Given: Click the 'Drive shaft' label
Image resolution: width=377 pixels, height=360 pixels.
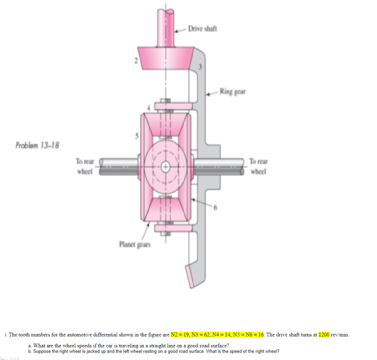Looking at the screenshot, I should click(x=202, y=29).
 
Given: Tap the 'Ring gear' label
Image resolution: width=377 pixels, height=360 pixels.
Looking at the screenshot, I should click(x=233, y=92).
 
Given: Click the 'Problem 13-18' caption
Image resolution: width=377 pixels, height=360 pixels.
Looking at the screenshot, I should click(x=37, y=145).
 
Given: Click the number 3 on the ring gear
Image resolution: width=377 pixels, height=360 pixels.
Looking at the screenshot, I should click(x=201, y=67).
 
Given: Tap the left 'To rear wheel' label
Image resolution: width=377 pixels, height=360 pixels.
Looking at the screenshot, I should click(x=85, y=166).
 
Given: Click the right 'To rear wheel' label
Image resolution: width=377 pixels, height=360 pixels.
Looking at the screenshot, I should click(x=258, y=166).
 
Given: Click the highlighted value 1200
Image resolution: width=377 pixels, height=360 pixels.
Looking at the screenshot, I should click(x=324, y=335).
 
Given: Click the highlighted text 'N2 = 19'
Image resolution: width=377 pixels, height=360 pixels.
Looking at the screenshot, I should click(x=179, y=335).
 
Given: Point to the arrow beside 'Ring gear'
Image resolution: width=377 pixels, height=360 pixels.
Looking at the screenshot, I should click(x=212, y=93).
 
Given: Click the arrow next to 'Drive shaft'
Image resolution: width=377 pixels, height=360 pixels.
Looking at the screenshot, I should click(x=180, y=31).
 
